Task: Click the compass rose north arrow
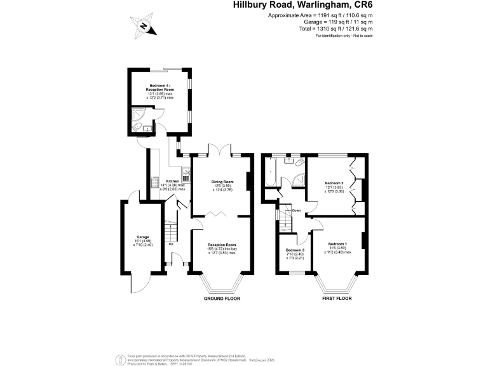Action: pos(144,26)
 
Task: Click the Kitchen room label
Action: pos(172,181)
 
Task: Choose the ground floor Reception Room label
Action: pos(222,245)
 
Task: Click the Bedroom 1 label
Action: pos(337,244)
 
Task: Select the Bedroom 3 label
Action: pos(294,250)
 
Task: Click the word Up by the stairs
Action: pos(171,244)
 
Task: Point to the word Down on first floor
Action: pos(296,210)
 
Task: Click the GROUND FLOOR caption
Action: pos(222,299)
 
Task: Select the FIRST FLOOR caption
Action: pos(336,299)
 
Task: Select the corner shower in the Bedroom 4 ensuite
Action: pos(137,114)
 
